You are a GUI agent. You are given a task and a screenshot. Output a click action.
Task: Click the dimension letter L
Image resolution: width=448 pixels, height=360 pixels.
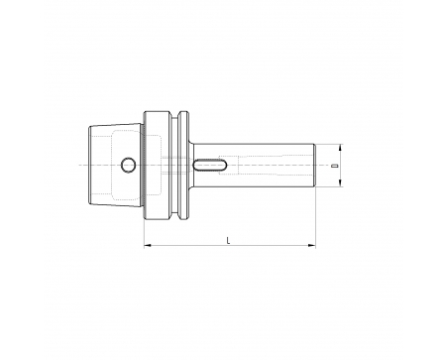coord(228,240)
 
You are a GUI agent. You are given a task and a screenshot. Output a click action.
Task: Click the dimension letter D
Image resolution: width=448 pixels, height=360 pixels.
coord(336,165)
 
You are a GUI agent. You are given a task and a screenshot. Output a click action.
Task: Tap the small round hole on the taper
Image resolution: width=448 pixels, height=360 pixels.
coord(128,165)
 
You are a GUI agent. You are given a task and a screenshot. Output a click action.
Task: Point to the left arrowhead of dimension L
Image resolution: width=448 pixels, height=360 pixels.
coord(148,245)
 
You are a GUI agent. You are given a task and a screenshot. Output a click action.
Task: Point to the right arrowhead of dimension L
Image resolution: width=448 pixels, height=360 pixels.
coord(312,245)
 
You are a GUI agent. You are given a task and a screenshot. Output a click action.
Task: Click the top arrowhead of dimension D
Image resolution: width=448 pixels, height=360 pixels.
coord(340,148)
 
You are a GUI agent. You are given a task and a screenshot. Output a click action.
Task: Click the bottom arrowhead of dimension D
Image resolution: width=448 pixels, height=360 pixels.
coord(340,182)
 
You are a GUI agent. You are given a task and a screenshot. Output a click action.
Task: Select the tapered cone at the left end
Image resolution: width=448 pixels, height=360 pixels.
coord(116,165)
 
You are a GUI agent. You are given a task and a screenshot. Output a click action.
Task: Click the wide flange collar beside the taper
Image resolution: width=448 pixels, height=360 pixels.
coord(158,165)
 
